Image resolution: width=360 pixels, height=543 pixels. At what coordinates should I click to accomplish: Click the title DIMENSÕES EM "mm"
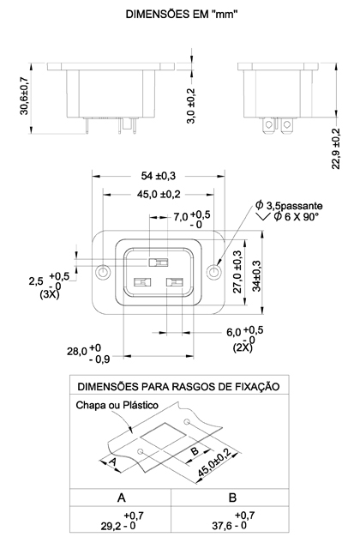pyautogui.click(x=182, y=15)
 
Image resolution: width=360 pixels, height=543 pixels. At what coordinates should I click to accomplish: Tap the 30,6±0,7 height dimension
pyautogui.click(x=24, y=96)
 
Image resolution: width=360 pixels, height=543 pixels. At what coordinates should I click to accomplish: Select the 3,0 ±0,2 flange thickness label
pyautogui.click(x=191, y=106)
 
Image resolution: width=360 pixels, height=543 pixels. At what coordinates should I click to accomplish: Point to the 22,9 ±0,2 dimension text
pyautogui.click(x=336, y=148)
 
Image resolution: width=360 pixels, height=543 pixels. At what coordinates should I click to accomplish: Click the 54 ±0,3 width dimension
pyautogui.click(x=159, y=176)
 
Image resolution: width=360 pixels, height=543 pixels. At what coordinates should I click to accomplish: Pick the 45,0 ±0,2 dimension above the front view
pyautogui.click(x=159, y=194)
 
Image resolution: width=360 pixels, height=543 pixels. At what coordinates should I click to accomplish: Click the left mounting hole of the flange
pyautogui.click(x=103, y=272)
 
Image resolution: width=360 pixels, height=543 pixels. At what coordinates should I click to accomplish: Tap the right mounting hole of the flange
pyautogui.click(x=213, y=272)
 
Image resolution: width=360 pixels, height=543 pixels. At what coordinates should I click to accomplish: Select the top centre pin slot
pyautogui.click(x=159, y=262)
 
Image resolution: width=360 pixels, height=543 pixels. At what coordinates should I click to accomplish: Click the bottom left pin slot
pyautogui.click(x=142, y=282)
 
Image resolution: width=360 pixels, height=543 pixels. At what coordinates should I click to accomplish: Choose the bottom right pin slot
pyautogui.click(x=175, y=282)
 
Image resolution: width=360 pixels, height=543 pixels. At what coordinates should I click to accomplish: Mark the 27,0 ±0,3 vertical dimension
pyautogui.click(x=237, y=272)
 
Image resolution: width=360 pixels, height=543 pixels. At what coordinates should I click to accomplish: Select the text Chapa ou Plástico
pyautogui.click(x=117, y=405)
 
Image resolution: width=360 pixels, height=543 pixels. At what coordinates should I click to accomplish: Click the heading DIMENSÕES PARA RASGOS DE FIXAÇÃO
pyautogui.click(x=178, y=387)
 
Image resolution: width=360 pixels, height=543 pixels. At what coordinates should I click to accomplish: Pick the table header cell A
pyautogui.click(x=121, y=498)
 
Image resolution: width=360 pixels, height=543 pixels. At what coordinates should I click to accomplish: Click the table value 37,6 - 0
pyautogui.click(x=229, y=526)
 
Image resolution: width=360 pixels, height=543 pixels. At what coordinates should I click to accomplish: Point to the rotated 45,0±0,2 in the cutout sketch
pyautogui.click(x=214, y=462)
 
